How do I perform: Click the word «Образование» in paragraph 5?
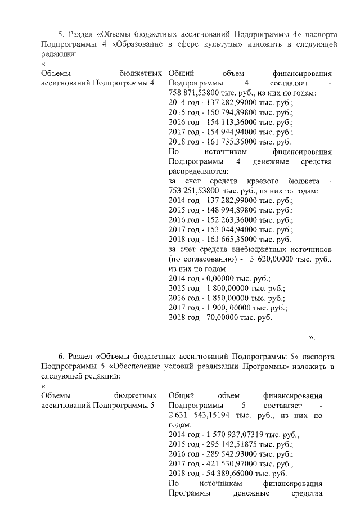(139, 44)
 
